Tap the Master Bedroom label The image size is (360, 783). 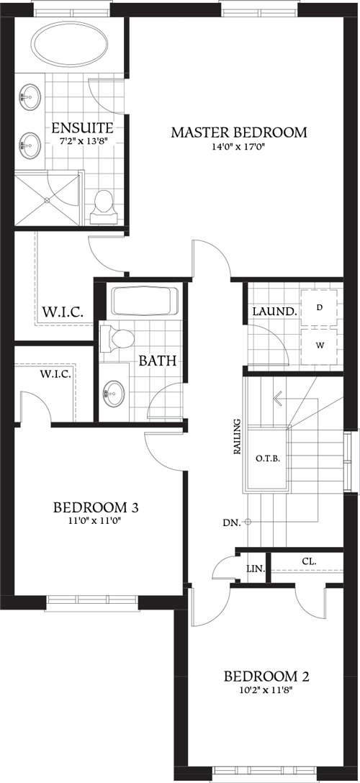238,132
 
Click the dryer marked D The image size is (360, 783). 320,307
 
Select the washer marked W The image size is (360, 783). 320,345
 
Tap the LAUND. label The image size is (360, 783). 274,312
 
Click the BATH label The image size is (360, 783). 158,361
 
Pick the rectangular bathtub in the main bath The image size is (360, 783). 144,302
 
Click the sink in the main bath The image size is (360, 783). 114,393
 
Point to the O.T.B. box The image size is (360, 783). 267,458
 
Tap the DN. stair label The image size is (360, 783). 231,522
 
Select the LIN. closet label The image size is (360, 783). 255,569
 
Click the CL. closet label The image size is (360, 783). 310,561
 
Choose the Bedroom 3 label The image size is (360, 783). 96,508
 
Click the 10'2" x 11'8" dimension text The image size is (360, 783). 266,690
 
